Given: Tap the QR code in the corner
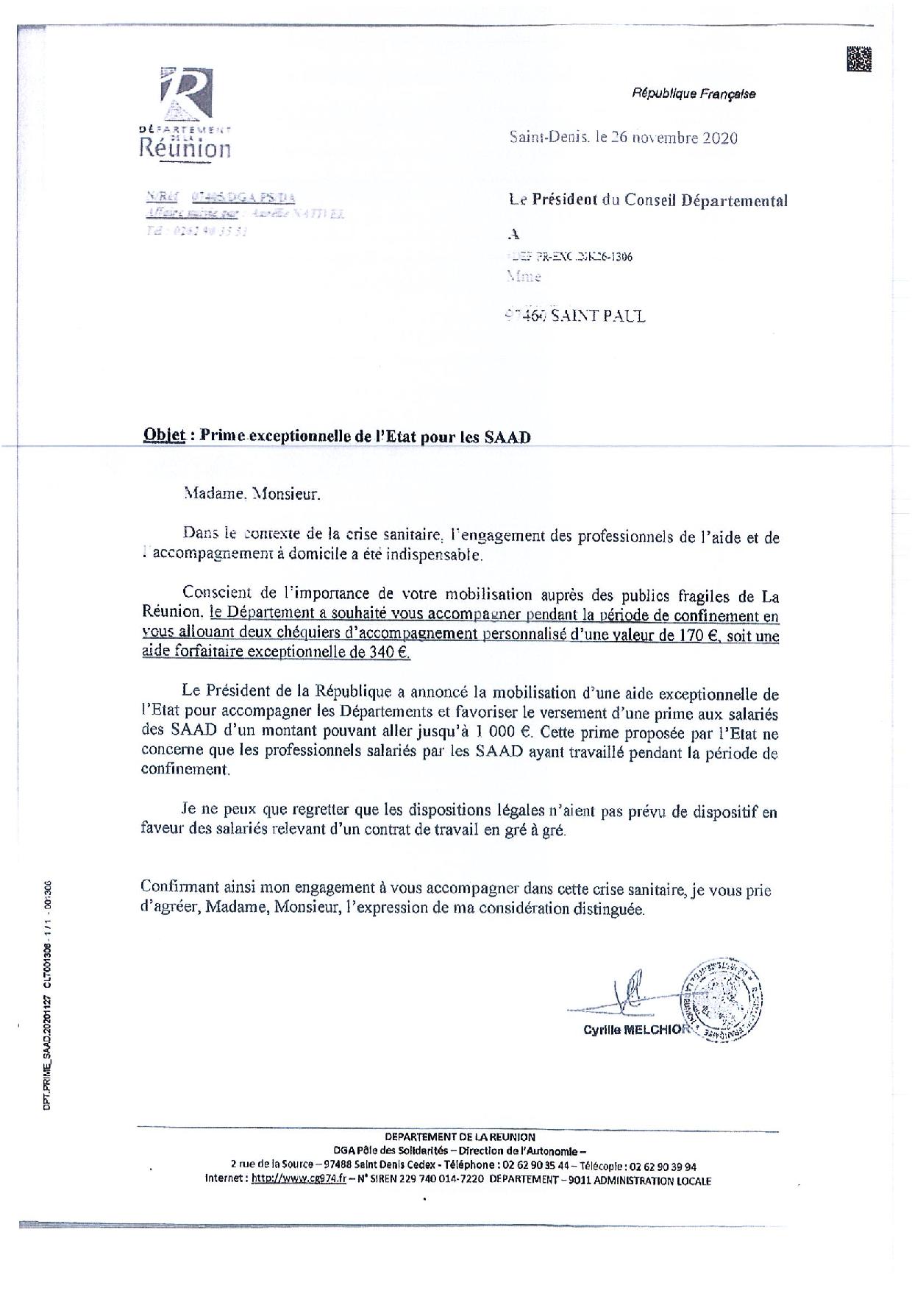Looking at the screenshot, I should coord(859,59).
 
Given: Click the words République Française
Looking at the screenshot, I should coord(693,93).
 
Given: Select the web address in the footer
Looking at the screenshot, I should coord(299,1180).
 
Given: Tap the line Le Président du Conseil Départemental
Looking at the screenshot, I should coord(648,200).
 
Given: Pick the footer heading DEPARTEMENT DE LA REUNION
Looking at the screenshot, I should coord(460,1136).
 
